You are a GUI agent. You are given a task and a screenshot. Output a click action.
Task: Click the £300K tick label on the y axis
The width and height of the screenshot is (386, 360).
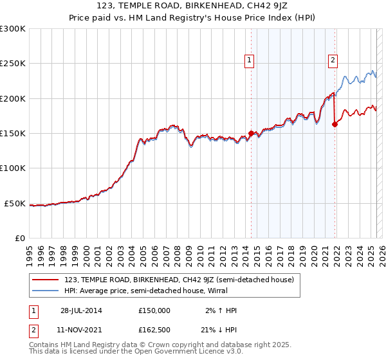(13, 29)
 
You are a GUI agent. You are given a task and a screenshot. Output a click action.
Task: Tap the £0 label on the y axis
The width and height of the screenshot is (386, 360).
(21, 238)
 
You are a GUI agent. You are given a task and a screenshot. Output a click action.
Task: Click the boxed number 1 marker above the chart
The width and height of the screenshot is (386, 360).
(249, 61)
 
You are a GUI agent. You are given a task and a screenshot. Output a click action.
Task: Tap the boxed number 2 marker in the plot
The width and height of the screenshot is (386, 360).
(333, 61)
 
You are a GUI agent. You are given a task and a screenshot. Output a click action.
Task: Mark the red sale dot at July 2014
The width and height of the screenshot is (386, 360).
(251, 134)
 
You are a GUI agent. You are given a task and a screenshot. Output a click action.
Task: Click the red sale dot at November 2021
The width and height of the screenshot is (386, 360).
(335, 125)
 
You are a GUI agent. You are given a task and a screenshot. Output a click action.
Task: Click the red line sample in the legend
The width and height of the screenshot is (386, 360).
(45, 280)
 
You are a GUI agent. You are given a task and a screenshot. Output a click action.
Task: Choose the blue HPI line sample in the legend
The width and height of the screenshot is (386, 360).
(45, 291)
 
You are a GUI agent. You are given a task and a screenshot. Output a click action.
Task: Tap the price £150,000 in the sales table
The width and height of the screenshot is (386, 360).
(154, 310)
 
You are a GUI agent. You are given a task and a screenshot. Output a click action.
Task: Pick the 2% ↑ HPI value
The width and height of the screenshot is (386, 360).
(220, 310)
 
